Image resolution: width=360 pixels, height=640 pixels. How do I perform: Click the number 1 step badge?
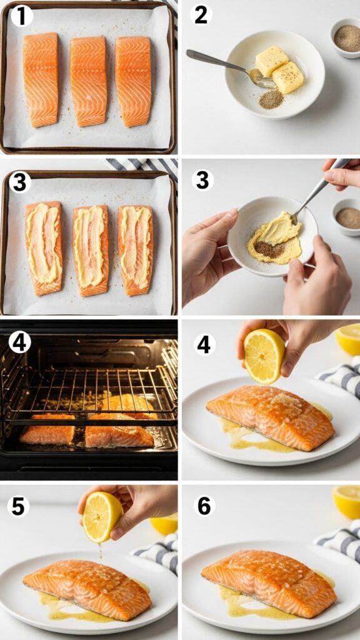21,16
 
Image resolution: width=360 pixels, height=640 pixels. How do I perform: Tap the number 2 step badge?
201,15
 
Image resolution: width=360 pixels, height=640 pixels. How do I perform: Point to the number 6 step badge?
204,506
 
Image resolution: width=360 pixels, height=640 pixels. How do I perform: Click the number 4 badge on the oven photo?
20,342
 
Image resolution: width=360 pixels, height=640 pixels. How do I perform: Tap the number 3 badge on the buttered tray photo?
20,182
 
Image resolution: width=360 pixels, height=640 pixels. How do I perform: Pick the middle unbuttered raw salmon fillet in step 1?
88,80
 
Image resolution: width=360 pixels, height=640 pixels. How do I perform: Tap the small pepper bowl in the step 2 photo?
346,38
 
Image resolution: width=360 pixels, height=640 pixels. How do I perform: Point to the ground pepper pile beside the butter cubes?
271,99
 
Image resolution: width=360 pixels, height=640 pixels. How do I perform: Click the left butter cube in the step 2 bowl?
271,61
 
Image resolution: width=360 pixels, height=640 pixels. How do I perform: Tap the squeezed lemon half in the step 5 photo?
102,516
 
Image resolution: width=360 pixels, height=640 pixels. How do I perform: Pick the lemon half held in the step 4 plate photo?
264,356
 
